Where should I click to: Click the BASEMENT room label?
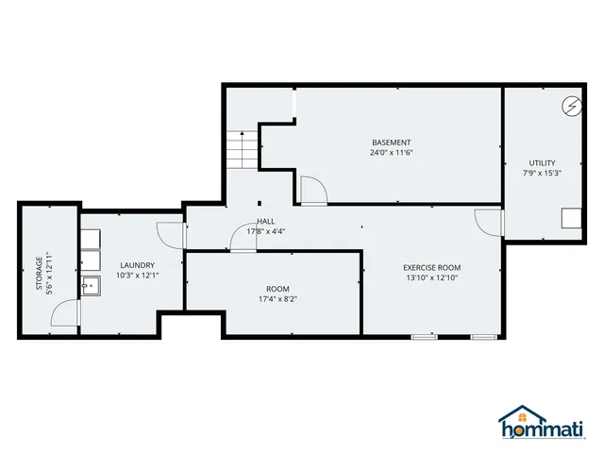tap(391, 143)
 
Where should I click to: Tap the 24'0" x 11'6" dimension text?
tap(391, 153)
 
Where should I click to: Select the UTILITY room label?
tap(542, 162)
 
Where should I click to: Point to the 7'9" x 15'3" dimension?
tap(542, 173)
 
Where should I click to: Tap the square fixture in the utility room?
tap(569, 218)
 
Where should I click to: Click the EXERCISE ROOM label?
tap(432, 267)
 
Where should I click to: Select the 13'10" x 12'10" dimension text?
tap(432, 278)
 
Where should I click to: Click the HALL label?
tap(266, 221)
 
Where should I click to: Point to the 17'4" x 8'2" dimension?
tap(277, 299)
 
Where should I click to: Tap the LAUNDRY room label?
tap(137, 265)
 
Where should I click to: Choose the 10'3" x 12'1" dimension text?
tap(137, 276)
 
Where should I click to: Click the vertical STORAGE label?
tap(40, 274)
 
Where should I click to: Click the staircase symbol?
tap(243, 149)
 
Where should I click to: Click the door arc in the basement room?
tap(312, 189)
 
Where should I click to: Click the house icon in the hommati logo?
tap(521, 415)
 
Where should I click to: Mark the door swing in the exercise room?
tap(489, 223)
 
